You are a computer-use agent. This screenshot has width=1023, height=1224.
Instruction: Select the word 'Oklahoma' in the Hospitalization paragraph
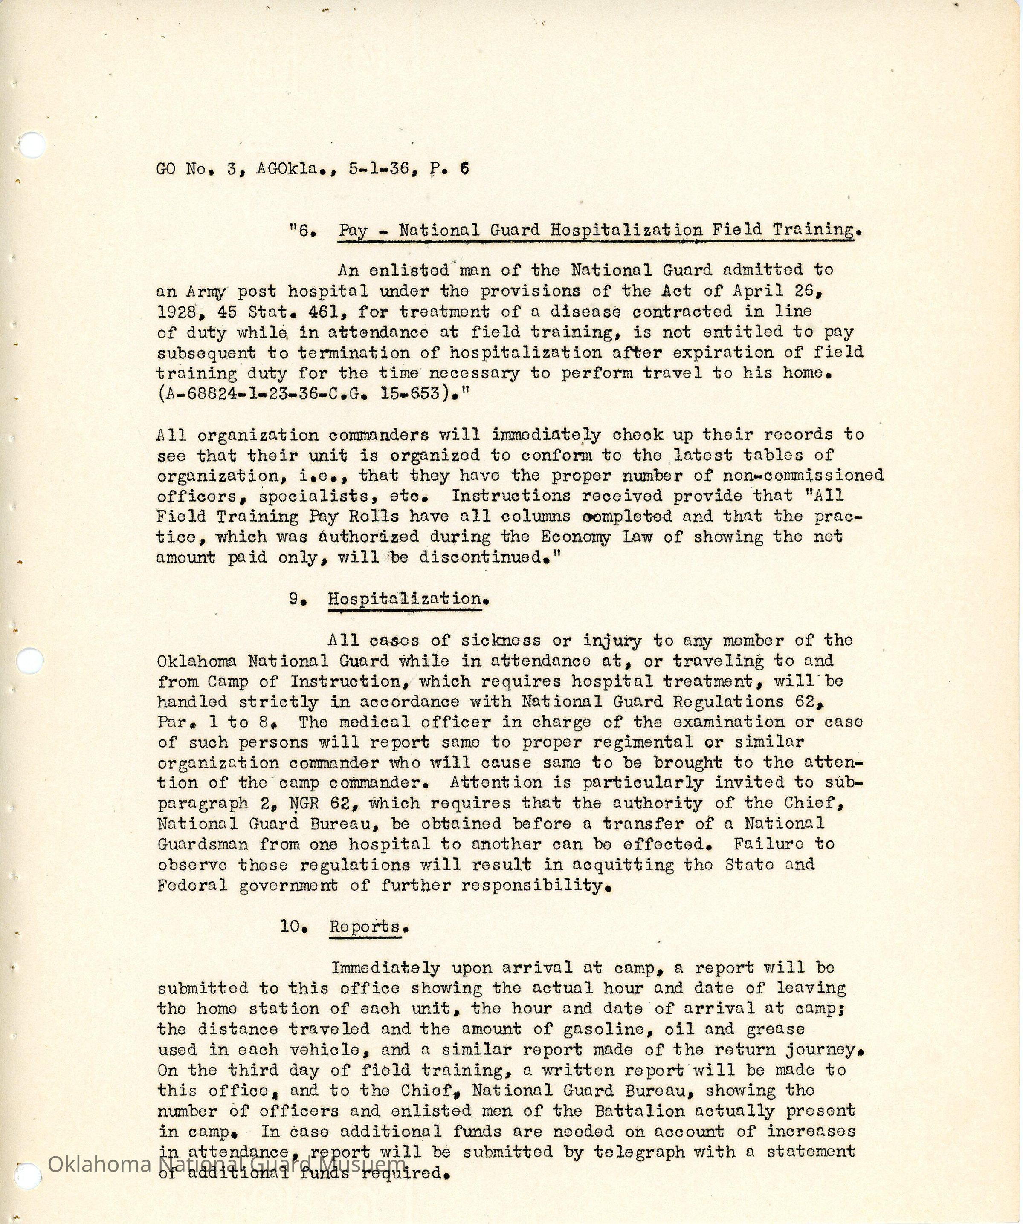pos(197,661)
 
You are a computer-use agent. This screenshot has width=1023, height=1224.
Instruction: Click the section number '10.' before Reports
pos(293,927)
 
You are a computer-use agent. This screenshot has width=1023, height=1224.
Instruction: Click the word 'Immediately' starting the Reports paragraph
pos(385,968)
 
